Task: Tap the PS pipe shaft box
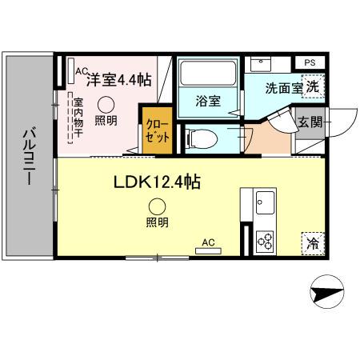309,62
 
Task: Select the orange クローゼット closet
157,130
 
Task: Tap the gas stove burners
265,241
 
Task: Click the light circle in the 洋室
106,103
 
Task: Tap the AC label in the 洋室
80,71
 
